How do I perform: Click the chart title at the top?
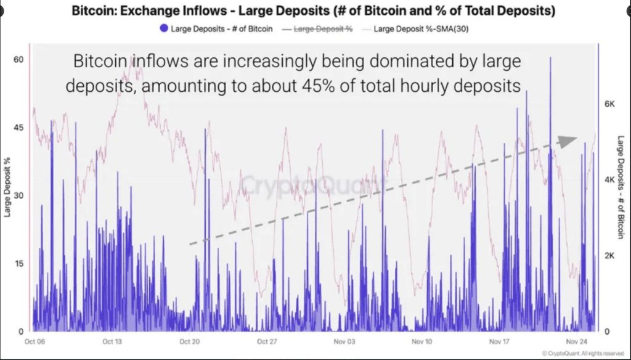tap(313, 12)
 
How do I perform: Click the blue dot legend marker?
tap(163, 28)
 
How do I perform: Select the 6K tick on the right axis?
tap(609, 104)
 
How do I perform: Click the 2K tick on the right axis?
tap(609, 255)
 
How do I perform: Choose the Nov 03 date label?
tap(344, 341)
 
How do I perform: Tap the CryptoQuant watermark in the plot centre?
tap(313, 184)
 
